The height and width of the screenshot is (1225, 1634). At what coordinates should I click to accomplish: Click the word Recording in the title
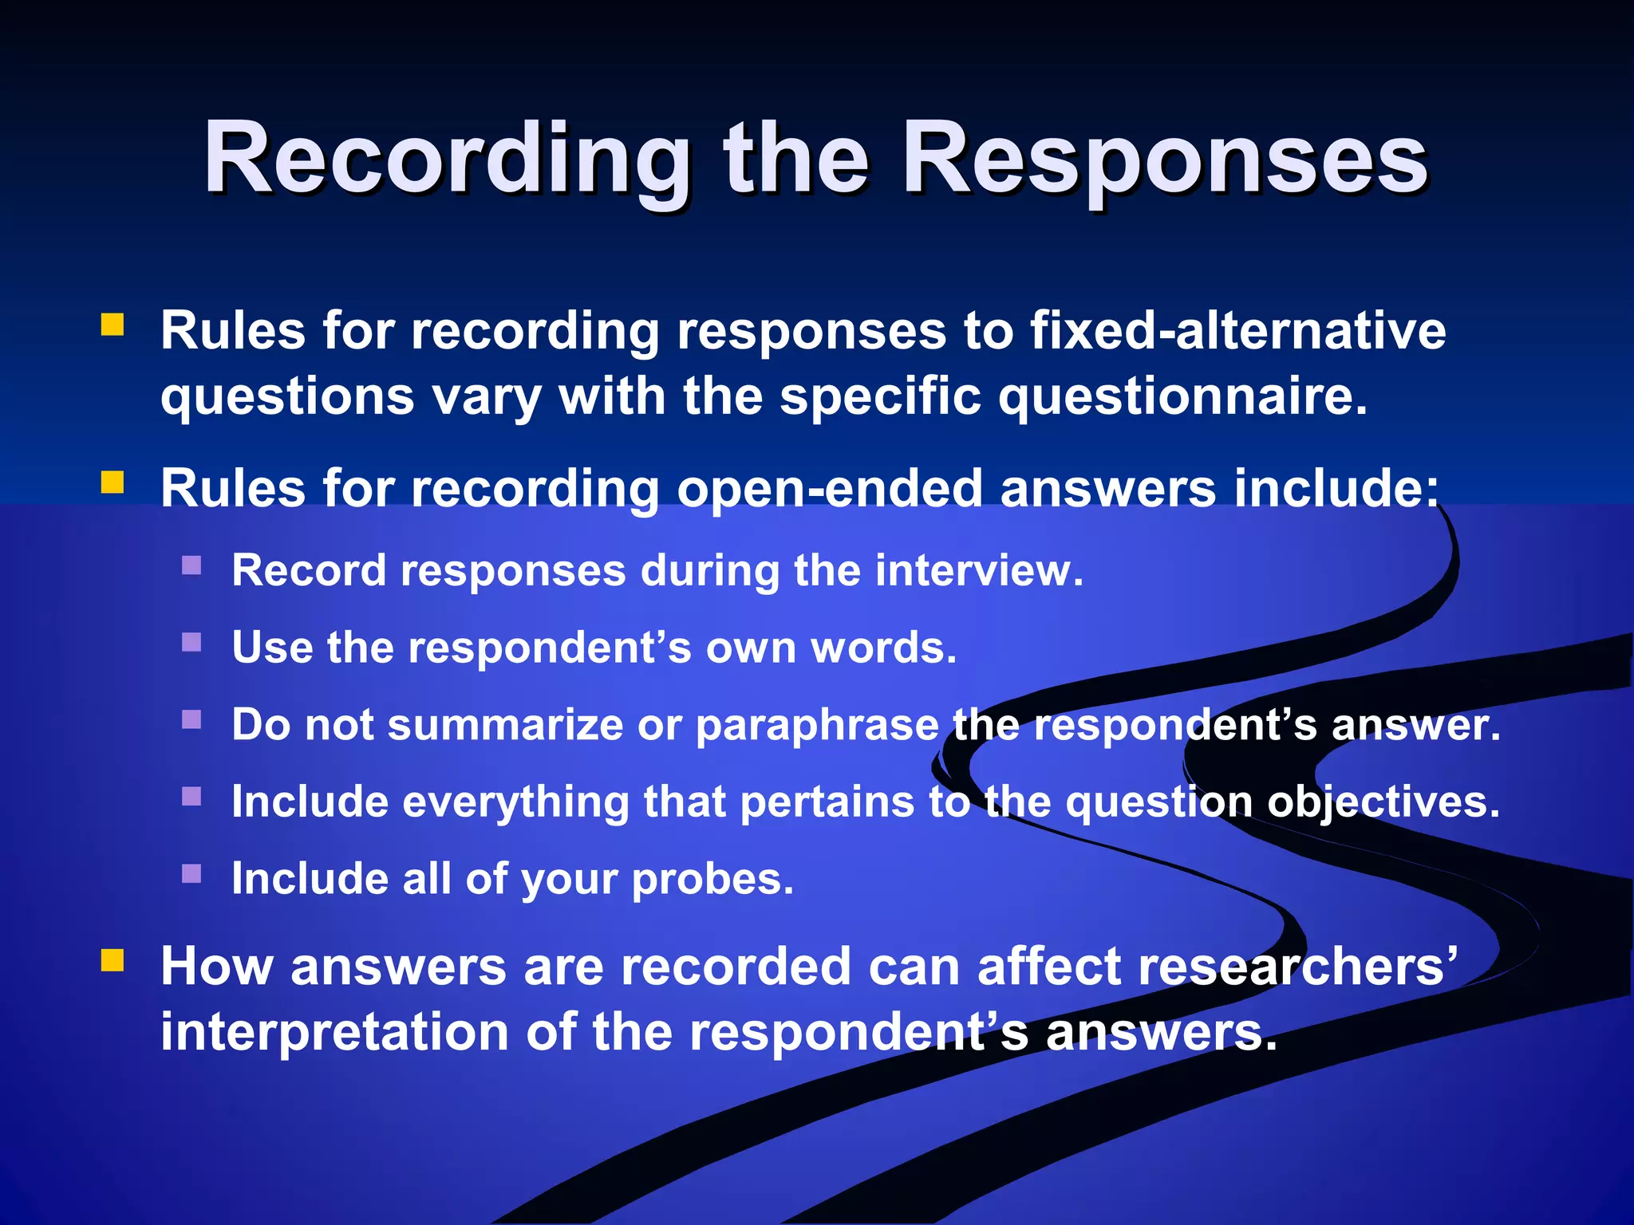(447, 160)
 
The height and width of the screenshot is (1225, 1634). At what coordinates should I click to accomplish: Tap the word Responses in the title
(1165, 160)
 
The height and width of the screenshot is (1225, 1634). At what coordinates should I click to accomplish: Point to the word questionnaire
(1183, 396)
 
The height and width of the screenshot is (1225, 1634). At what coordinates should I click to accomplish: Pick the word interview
(979, 571)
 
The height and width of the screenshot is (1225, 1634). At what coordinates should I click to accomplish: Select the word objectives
(1383, 802)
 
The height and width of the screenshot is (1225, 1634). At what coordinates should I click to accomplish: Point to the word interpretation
(334, 1032)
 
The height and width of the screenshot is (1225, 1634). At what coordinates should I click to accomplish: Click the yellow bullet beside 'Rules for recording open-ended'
(112, 483)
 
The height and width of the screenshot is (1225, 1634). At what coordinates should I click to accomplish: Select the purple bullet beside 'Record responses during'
(191, 565)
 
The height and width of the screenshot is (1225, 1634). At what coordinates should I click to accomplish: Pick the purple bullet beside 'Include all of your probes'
(191, 874)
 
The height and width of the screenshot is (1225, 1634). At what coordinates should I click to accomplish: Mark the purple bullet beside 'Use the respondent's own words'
(191, 642)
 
